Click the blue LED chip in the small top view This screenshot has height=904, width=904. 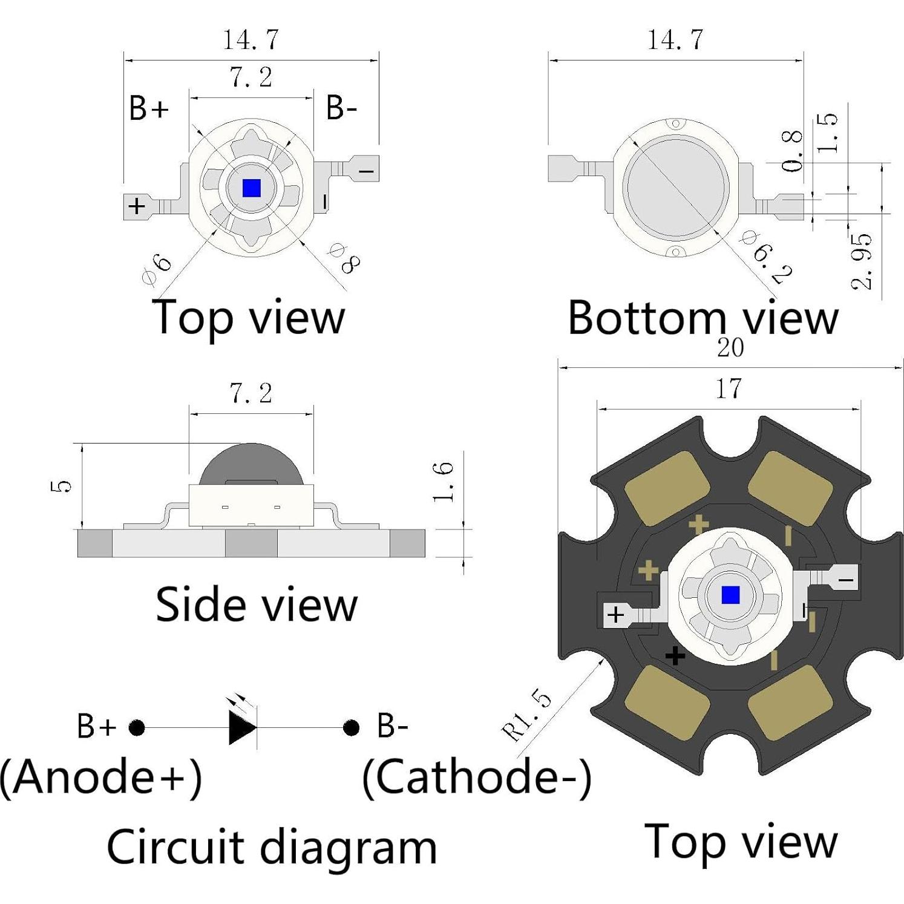pos(251,188)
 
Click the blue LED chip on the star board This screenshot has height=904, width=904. pos(730,595)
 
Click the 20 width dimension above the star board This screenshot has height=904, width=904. pos(730,348)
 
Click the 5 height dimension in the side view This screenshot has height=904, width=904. pos(62,485)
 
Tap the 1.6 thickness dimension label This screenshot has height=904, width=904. pos(444,481)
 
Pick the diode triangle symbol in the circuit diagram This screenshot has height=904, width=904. pos(242,727)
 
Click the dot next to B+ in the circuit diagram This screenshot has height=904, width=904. pos(137,727)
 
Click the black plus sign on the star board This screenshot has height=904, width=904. pos(675,655)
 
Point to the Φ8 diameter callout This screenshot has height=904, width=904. pos(343,258)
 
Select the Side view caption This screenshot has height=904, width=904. pos(257,604)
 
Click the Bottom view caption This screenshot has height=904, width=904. pos(703,317)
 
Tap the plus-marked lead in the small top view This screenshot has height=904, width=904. pos(137,206)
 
